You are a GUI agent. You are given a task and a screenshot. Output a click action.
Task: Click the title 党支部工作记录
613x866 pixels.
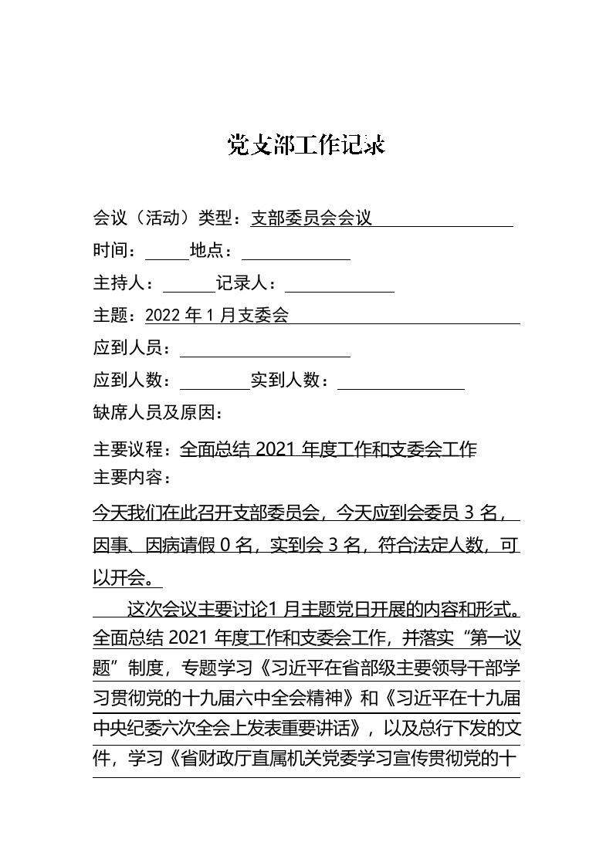coord(306,144)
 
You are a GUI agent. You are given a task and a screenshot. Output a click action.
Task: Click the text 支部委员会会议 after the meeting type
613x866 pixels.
coord(311,218)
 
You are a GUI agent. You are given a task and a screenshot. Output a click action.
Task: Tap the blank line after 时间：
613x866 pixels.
coord(167,252)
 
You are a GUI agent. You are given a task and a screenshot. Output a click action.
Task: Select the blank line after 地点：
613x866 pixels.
coord(296,252)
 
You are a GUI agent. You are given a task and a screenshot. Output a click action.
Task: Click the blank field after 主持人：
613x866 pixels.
coord(189,284)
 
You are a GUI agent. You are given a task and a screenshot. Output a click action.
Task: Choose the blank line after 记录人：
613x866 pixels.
coord(340,284)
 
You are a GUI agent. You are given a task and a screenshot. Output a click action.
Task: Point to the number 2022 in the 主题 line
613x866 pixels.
coord(162,316)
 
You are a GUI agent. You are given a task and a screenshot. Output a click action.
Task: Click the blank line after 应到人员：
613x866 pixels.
coord(265,349)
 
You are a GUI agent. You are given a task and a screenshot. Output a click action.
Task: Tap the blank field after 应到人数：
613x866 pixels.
coord(215,381)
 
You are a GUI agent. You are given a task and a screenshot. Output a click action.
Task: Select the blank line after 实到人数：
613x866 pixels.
coord(401,381)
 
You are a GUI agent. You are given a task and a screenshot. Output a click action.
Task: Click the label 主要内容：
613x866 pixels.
coord(132,478)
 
